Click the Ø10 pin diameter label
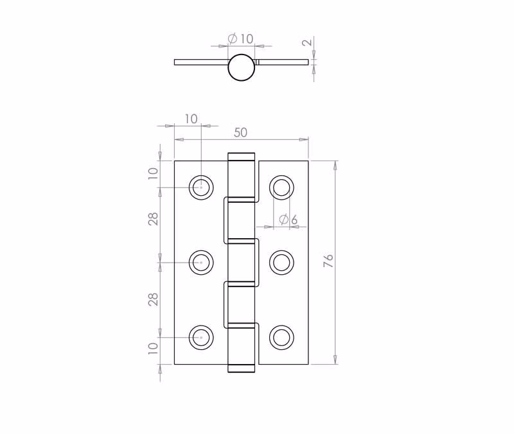pyautogui.click(x=240, y=39)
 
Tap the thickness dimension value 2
pyautogui.click(x=308, y=42)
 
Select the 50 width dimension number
pyautogui.click(x=240, y=133)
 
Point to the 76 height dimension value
pyautogui.click(x=328, y=261)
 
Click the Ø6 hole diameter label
pyautogui.click(x=288, y=220)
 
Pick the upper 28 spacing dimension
pyautogui.click(x=153, y=219)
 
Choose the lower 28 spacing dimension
pyautogui.click(x=153, y=299)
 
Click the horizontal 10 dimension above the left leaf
pyautogui.click(x=191, y=119)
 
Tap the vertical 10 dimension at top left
pyautogui.click(x=153, y=173)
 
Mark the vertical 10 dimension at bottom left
pyautogui.click(x=153, y=348)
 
